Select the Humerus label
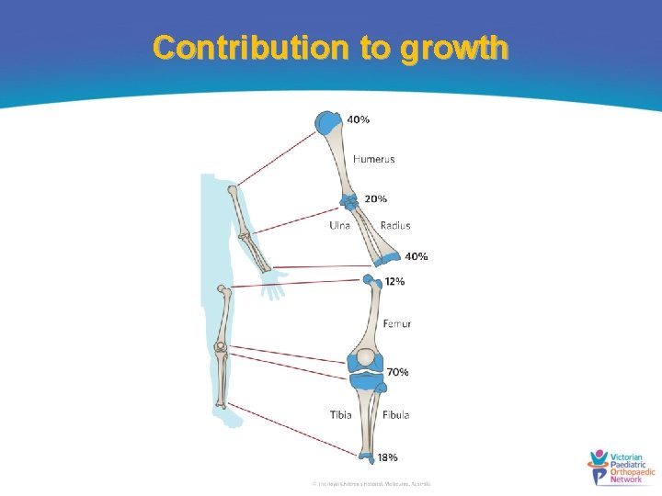[x=374, y=159]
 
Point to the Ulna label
[x=340, y=225]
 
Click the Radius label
[x=395, y=225]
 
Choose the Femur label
[x=397, y=323]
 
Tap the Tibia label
[x=341, y=414]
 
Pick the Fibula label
[x=396, y=414]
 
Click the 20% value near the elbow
[x=375, y=198]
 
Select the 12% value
[x=394, y=281]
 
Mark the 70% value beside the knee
[x=397, y=372]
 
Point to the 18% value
[x=388, y=457]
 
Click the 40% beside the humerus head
[x=359, y=119]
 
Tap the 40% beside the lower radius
[x=416, y=256]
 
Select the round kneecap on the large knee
[x=366, y=358]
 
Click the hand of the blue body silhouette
[x=273, y=290]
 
